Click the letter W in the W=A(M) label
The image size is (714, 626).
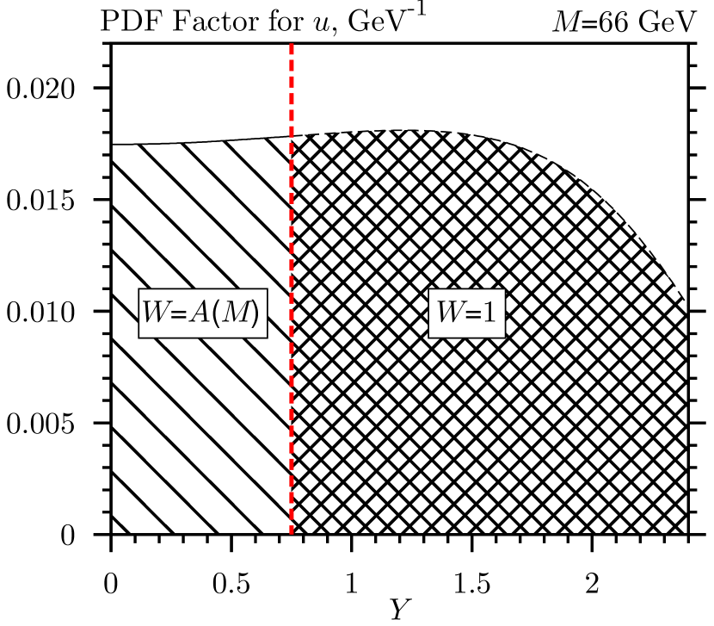[x=157, y=313]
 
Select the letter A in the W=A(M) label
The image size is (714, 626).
[x=199, y=313]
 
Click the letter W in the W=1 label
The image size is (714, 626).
[x=450, y=313]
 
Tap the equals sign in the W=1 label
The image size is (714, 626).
[x=473, y=314]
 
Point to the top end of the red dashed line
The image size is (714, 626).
[x=292, y=44]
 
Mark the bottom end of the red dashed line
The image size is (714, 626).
[x=292, y=534]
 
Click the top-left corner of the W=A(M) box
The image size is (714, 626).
[x=140, y=290]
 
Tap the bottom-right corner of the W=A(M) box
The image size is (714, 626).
[x=266, y=337]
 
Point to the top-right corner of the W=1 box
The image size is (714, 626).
[x=504, y=290]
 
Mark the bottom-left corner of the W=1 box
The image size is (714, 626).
[x=430, y=337]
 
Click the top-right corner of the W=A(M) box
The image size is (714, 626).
[x=266, y=290]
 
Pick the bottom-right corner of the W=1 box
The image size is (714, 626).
[x=504, y=337]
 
